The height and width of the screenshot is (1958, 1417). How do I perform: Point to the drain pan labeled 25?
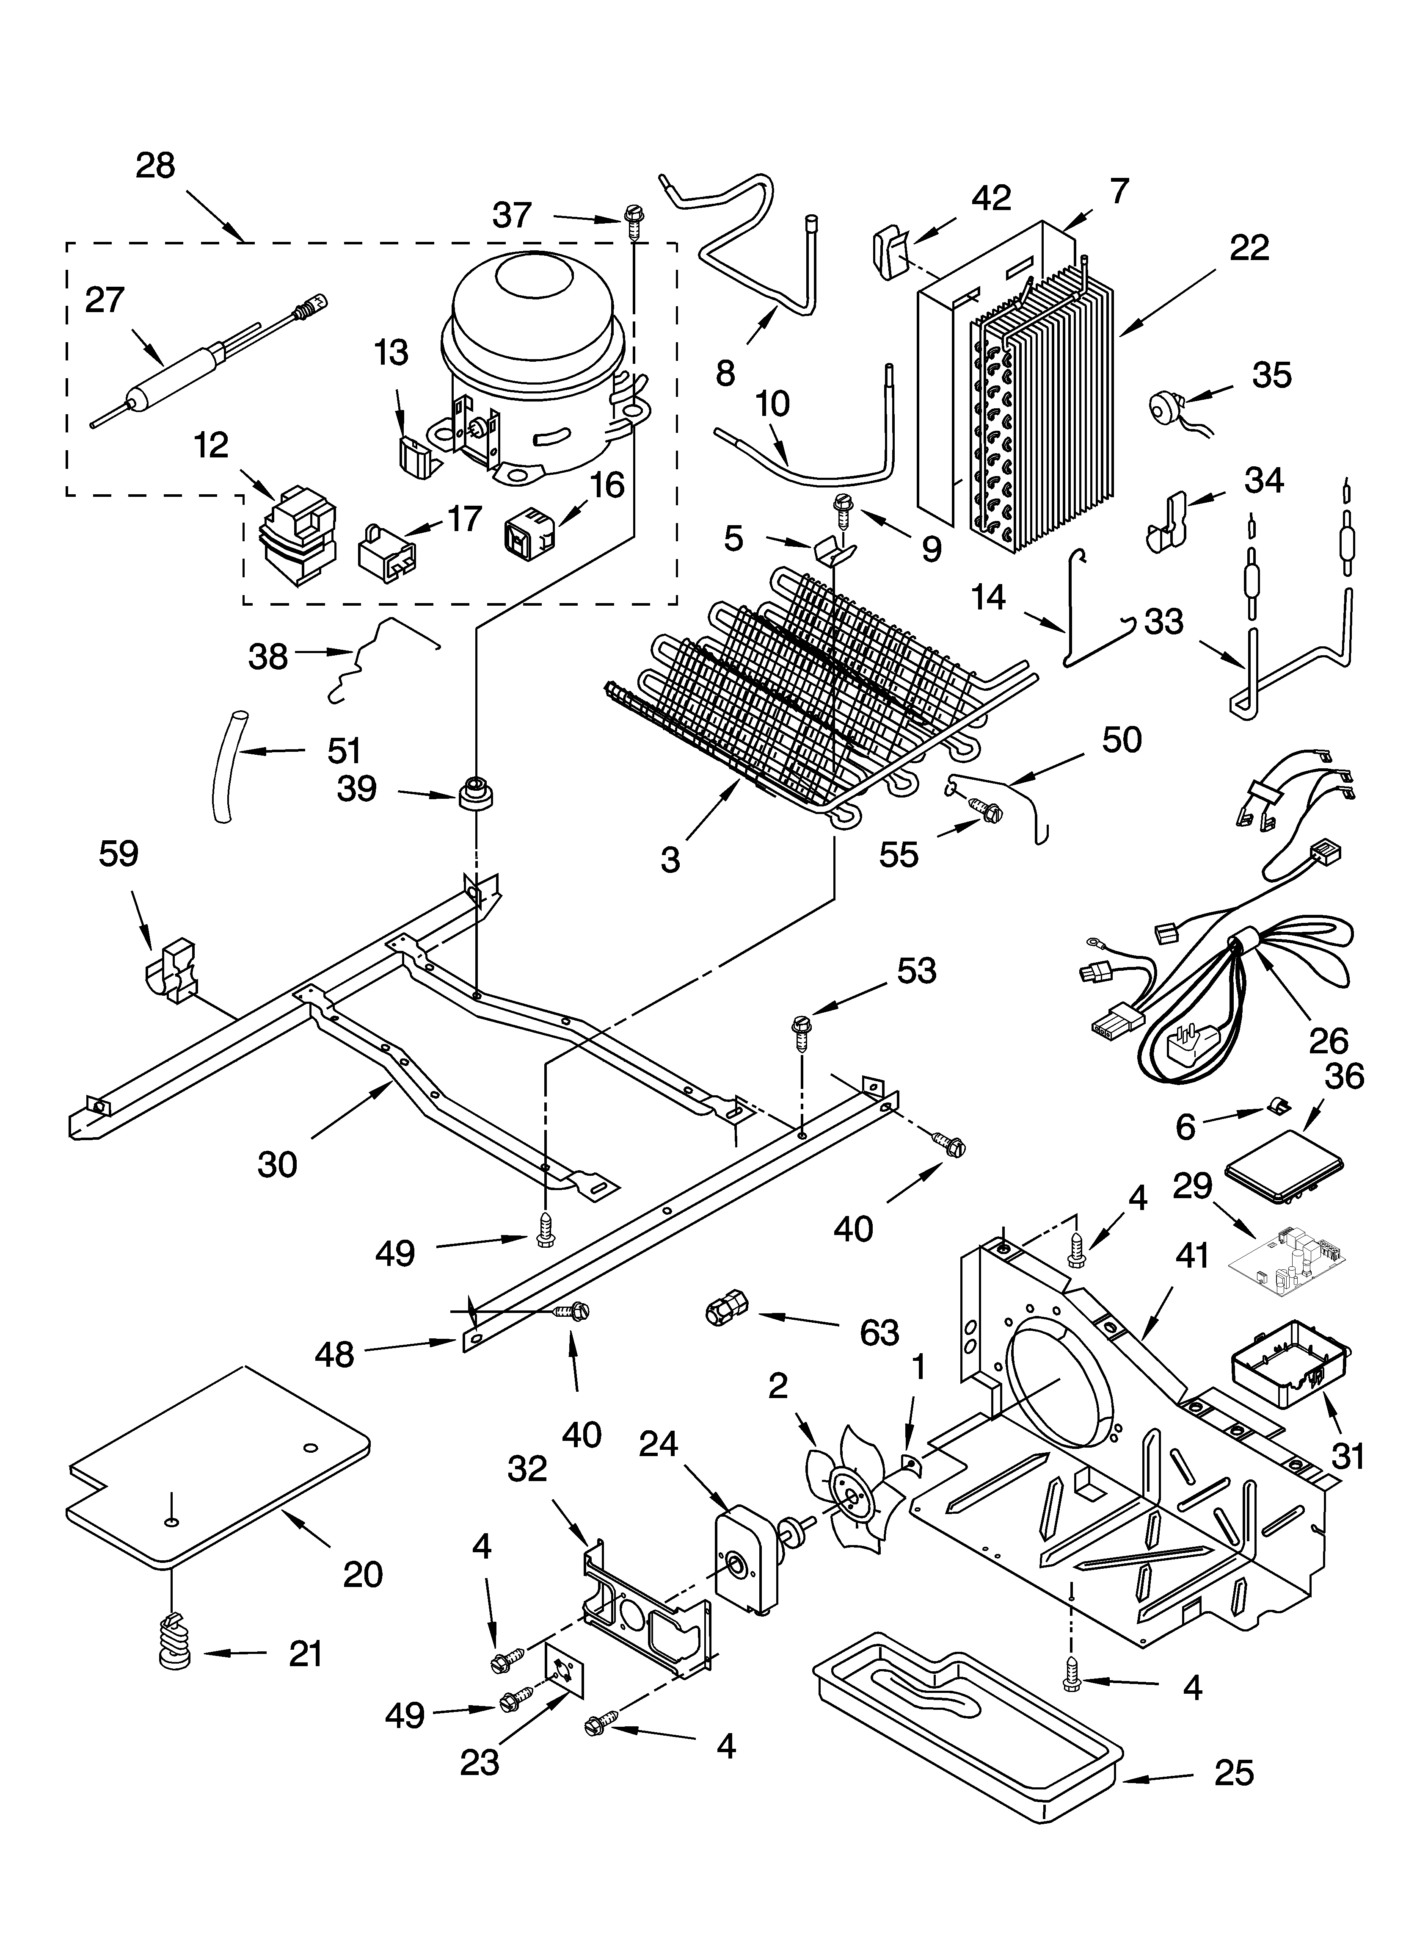click(967, 1723)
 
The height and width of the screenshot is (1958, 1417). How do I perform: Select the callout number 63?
click(879, 1332)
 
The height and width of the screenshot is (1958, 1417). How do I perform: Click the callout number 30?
click(277, 1165)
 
